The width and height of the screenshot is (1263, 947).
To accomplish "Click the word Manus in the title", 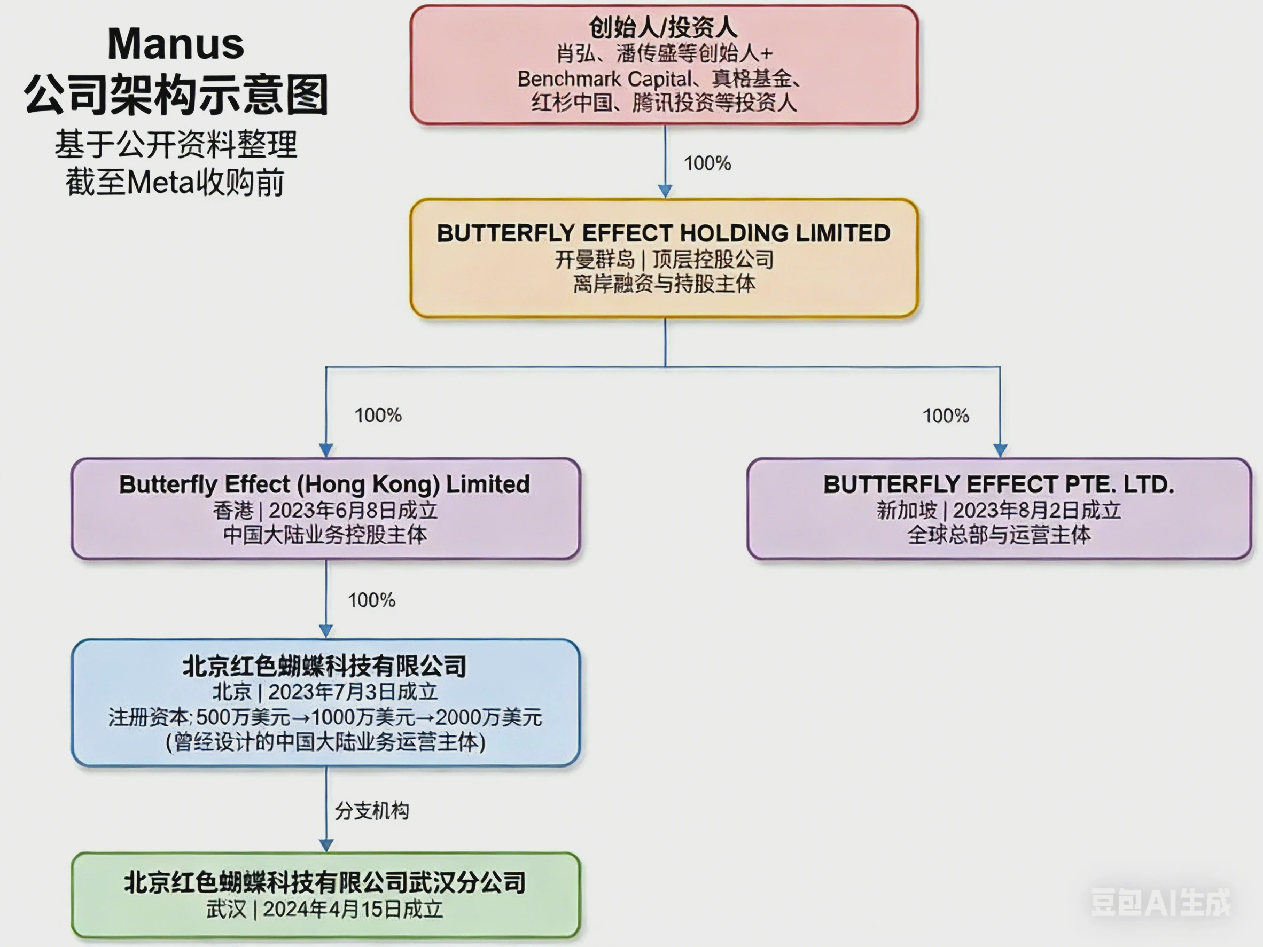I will pos(176,44).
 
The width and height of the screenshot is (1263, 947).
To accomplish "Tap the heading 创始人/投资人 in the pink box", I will pos(663,27).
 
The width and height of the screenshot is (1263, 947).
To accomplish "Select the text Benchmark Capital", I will pos(604,79).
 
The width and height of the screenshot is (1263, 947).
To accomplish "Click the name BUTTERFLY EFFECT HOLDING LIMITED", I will pos(664,233).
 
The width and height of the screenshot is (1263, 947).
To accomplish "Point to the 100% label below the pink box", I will pos(707,164).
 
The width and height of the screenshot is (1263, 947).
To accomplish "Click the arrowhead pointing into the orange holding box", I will pos(665,191).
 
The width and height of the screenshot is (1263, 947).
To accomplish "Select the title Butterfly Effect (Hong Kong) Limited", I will pos(324,484).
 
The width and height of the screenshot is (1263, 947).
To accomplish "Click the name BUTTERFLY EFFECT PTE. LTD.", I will pos(999,484).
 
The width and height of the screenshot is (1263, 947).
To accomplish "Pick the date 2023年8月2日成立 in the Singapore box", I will pos(1037,510).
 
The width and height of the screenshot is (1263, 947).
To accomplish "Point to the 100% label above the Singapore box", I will pos(946,416).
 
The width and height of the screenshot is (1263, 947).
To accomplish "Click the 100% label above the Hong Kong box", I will pos(378,416).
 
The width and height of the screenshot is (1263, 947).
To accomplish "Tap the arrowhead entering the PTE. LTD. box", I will pos(1000,450).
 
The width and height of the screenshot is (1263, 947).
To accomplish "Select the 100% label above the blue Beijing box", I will pos(372,600).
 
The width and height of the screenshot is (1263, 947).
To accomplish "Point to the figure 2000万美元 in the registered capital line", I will pos(489,717).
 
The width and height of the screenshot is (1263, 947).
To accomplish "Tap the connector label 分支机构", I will pos(372,811).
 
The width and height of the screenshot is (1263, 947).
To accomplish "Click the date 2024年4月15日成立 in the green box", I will pos(353,909).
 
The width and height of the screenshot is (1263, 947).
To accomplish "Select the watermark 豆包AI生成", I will pos(1161,903).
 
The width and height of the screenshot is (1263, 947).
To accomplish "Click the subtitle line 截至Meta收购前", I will pos(175,183).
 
